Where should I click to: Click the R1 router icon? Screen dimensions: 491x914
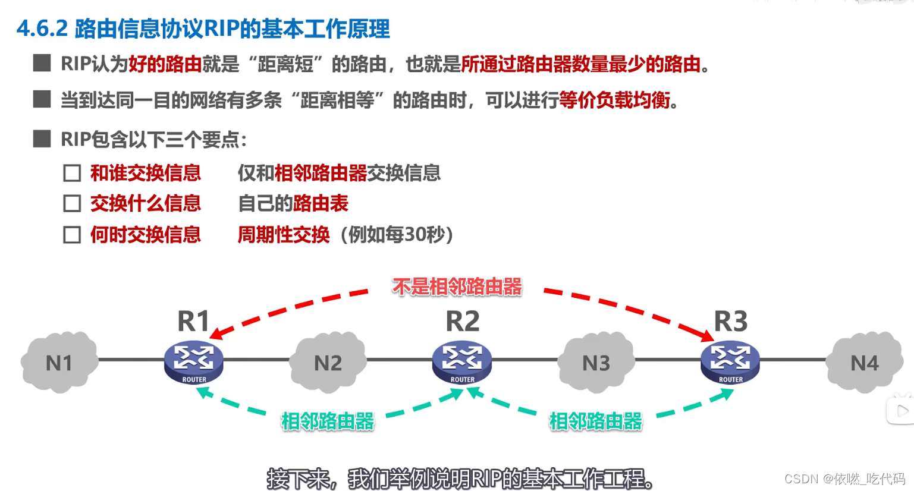(194, 362)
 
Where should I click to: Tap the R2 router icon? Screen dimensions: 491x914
(462, 362)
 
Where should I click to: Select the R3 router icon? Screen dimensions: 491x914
(730, 362)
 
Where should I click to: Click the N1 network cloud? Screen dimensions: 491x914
(59, 363)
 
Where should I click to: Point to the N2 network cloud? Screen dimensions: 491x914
(328, 363)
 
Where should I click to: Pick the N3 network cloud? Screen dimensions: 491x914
(596, 363)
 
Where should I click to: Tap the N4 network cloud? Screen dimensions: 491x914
(864, 363)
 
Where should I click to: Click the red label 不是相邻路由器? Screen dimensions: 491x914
(457, 287)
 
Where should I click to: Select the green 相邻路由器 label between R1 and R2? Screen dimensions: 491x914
(328, 421)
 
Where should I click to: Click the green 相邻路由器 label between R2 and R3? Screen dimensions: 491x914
(596, 421)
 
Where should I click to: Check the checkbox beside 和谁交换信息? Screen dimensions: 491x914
(72, 173)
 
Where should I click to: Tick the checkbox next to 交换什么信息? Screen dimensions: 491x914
(72, 204)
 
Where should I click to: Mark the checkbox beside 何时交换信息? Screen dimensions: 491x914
(72, 235)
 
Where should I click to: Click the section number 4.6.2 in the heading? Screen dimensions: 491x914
(42, 29)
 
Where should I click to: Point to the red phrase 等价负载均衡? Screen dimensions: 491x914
(614, 100)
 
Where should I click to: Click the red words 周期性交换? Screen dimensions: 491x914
(284, 235)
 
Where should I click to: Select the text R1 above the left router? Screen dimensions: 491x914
(194, 322)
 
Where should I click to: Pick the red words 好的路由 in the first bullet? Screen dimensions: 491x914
(165, 64)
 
